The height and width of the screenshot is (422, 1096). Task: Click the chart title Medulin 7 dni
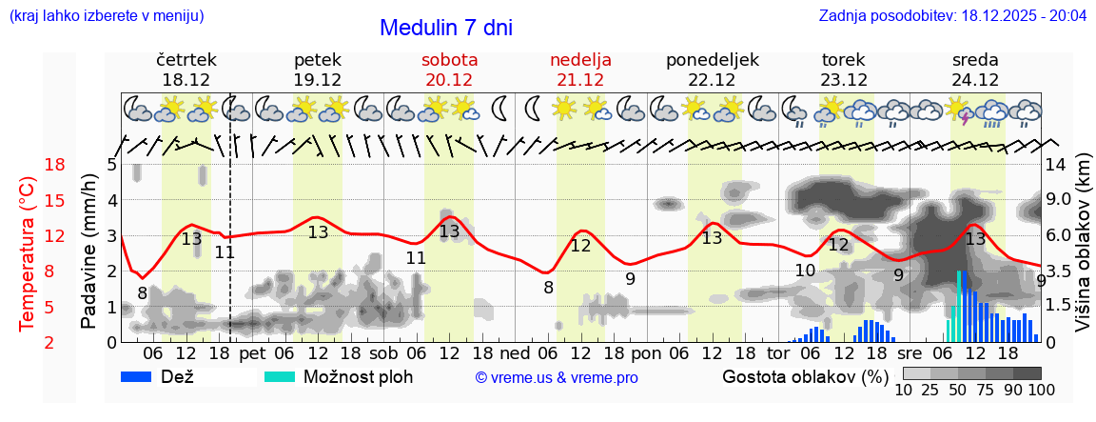point(445,28)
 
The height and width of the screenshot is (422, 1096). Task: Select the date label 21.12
point(580,80)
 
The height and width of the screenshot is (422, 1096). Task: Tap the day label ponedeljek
point(713,60)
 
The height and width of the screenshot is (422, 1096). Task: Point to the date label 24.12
point(975,80)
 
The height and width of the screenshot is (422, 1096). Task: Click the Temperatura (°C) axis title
point(28,252)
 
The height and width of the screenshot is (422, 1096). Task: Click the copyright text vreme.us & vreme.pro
point(557,378)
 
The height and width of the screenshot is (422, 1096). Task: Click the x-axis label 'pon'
point(646,353)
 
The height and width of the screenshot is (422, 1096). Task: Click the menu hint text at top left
point(106,16)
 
